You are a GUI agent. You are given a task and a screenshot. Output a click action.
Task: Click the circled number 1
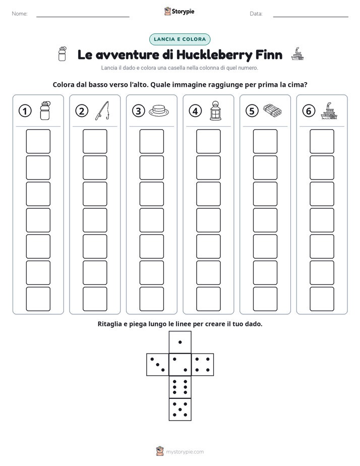coord(25,111)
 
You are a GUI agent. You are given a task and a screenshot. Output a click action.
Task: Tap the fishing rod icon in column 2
coord(102,111)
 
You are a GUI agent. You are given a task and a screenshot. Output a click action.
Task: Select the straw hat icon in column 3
coord(159,110)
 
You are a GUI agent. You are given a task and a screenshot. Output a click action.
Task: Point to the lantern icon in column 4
coord(215,110)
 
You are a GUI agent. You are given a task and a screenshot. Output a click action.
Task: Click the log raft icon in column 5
coord(272,110)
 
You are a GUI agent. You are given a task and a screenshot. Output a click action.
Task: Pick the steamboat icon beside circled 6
coord(329,111)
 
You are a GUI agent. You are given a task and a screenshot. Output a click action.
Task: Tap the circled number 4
coord(195,111)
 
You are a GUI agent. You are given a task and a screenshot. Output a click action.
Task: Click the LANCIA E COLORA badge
coord(179,39)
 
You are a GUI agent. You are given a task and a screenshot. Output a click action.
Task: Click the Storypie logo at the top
coord(179,12)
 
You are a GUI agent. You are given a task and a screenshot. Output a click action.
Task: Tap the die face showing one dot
coord(180,342)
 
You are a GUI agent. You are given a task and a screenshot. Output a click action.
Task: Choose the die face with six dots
coord(180,387)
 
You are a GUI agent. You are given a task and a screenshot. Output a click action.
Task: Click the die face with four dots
coord(203,365)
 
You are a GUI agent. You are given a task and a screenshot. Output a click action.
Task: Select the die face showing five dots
coord(180,410)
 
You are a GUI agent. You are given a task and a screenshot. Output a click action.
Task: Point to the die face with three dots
coord(158,365)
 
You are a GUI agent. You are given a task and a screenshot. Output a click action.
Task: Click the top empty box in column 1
coord(38,141)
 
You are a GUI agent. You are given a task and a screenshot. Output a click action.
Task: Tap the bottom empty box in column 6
coord(322,299)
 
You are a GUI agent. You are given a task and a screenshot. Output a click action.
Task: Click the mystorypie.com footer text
coord(185,452)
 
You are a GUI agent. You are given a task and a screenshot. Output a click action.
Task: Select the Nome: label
coord(20,14)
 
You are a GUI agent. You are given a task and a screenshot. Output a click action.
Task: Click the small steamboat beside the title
coord(297,54)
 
